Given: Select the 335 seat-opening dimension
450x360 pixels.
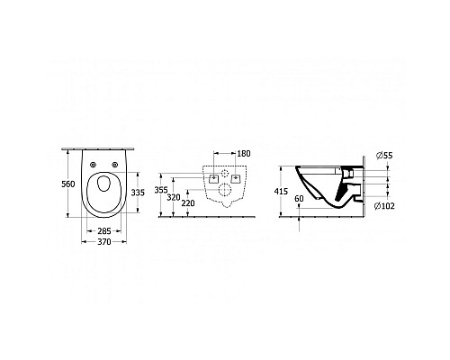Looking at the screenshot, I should (139, 192).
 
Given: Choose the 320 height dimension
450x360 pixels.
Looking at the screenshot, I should (175, 197).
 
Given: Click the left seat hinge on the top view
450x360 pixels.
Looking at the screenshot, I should (93, 162).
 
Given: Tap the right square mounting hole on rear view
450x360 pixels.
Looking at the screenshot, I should (236, 179).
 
